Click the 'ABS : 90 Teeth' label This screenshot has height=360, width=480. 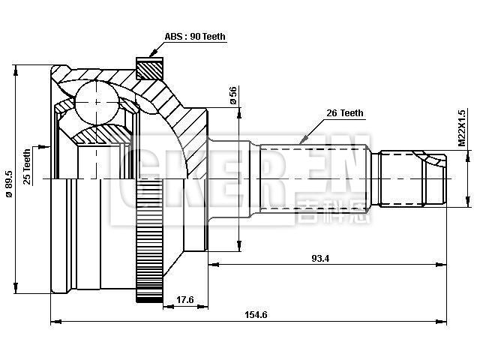pyautogui.click(x=195, y=37)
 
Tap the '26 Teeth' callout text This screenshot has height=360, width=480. pyautogui.click(x=344, y=113)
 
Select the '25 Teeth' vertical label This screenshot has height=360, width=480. pyautogui.click(x=28, y=166)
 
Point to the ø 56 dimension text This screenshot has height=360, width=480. pyautogui.click(x=233, y=95)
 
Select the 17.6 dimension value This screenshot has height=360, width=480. pyautogui.click(x=184, y=300)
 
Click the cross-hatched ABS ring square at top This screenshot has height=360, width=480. pyautogui.click(x=148, y=68)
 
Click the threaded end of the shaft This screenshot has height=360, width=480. pyautogui.click(x=411, y=178)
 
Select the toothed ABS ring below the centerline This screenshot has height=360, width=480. pyautogui.click(x=141, y=247)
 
